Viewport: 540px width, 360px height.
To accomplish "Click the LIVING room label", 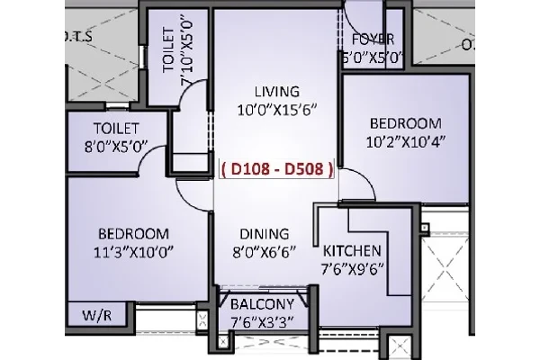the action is pos(277,92).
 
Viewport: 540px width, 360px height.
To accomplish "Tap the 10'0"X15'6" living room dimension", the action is pos(277,111).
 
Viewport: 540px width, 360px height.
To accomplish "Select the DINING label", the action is pos(264,234).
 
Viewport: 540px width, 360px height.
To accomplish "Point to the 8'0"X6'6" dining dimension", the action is pos(264,253).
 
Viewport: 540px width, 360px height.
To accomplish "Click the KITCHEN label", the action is pos(352,251).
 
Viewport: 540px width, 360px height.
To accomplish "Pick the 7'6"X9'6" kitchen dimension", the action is pos(352,269).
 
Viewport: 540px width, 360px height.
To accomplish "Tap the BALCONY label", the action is pos(262,304).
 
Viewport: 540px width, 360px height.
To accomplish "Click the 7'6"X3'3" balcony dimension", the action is pos(262,323).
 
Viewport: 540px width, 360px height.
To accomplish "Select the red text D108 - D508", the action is pos(277,169).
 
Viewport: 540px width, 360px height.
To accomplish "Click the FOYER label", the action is pos(373,40).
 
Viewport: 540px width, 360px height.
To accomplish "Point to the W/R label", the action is pos(97,315).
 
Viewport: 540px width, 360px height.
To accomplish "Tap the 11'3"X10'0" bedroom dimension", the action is pos(133,253).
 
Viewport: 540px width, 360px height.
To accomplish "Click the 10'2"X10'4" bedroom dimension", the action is pos(406,141).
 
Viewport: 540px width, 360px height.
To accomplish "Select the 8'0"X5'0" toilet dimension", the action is pos(116,147).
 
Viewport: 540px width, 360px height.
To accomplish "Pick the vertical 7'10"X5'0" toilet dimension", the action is pos(187,52).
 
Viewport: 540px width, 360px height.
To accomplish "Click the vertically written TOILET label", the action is pos(168,50).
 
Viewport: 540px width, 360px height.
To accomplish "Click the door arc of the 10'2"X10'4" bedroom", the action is pos(366,177).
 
